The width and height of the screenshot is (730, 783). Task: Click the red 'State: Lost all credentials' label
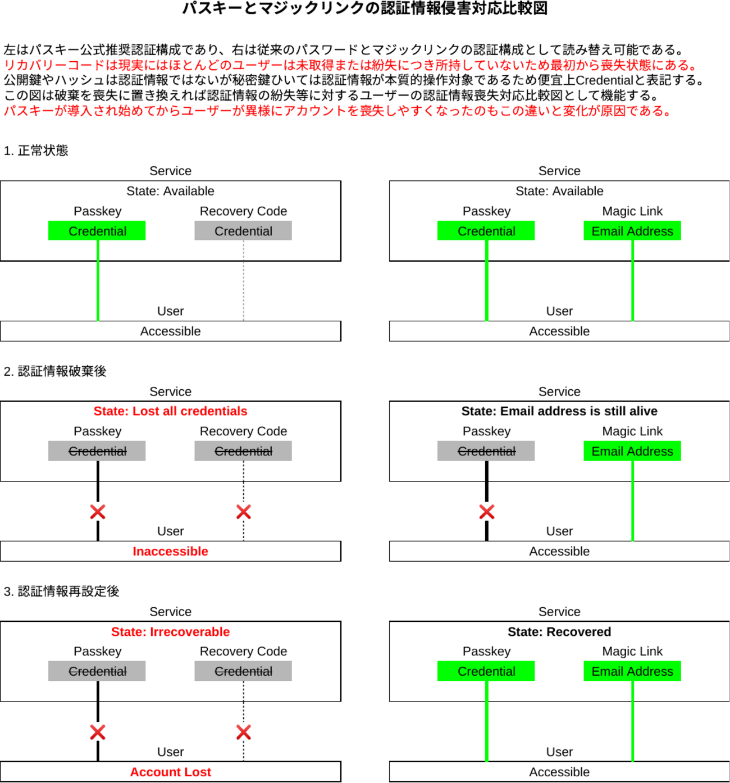[170, 411]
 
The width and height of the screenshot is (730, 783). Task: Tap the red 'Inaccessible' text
[170, 552]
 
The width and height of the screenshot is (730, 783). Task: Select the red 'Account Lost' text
[170, 772]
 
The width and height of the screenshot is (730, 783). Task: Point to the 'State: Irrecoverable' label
[170, 632]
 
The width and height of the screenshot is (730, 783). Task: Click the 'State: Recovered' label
[559, 632]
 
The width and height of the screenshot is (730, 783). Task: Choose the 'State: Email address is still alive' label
[559, 411]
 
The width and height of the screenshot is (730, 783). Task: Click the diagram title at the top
[365, 8]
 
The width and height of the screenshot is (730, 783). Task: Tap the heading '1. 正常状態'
[36, 151]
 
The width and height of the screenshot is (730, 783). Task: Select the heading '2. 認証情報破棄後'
[55, 371]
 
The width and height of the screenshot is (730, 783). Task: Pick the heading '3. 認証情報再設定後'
[61, 591]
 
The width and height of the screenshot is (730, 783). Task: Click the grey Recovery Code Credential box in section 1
[243, 231]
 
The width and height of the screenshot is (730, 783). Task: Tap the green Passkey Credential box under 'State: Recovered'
[486, 671]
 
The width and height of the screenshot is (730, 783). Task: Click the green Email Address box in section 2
[632, 451]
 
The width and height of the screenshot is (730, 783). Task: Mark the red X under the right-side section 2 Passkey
[487, 512]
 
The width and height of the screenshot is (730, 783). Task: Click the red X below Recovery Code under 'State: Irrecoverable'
[244, 732]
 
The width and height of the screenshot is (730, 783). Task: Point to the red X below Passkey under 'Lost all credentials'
[98, 512]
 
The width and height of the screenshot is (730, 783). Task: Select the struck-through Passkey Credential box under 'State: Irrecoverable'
[97, 671]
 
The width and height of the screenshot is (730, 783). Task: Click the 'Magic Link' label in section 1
[632, 211]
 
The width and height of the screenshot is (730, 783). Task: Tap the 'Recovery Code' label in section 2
[243, 431]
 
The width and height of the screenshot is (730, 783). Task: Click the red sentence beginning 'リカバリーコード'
[351, 65]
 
